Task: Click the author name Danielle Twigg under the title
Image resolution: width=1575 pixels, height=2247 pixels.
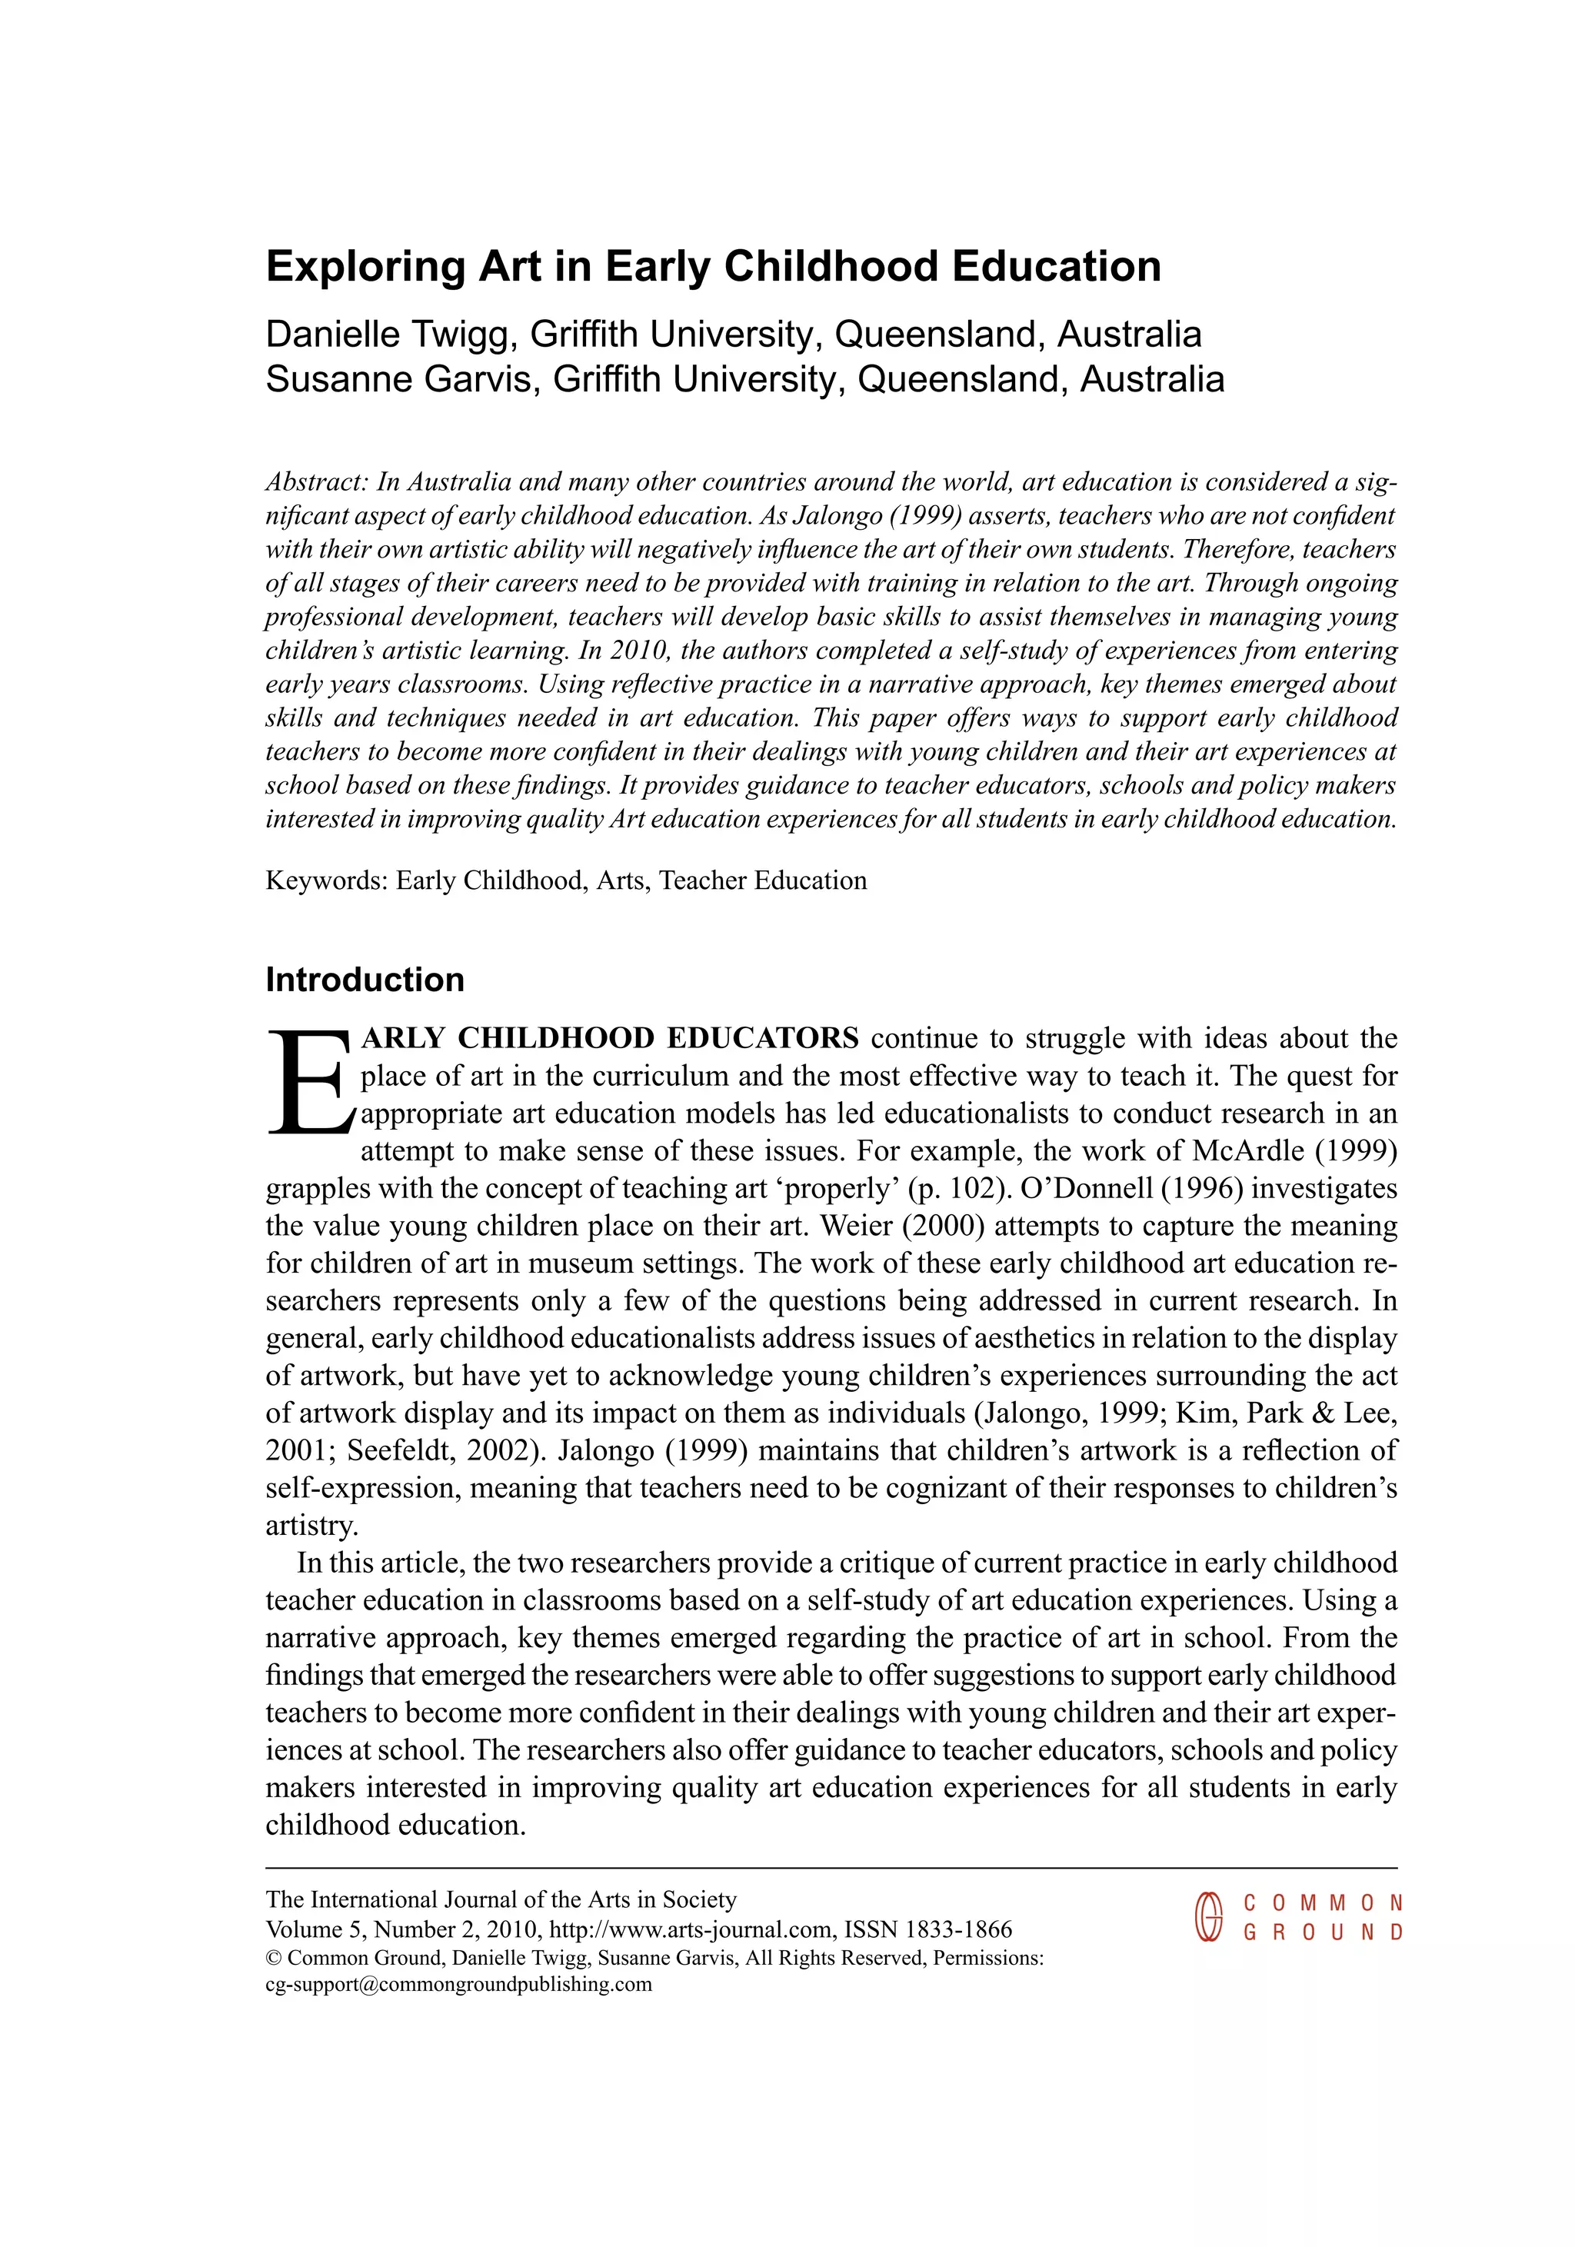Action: tap(388, 335)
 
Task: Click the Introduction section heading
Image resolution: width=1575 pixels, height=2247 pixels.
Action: tap(364, 980)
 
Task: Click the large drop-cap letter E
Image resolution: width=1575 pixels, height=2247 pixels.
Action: tap(305, 1081)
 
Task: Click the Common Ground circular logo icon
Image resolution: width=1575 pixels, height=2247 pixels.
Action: tap(1209, 1917)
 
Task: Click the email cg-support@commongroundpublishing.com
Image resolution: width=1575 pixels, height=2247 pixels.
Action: tap(458, 1985)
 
